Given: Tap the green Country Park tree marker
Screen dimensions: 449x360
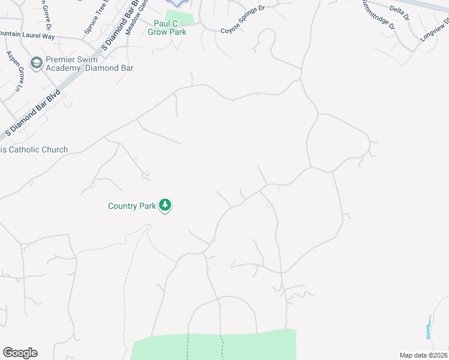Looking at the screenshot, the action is (165, 206).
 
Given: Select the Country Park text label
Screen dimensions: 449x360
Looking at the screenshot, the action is (131, 206).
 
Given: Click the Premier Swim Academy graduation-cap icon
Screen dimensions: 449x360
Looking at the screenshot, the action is (36, 63).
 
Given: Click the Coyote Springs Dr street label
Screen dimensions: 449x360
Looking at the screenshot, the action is (243, 20).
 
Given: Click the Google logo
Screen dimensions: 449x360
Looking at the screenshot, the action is (20, 353).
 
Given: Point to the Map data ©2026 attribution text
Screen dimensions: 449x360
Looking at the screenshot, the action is (423, 355).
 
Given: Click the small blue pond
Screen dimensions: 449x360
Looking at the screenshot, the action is (428, 328).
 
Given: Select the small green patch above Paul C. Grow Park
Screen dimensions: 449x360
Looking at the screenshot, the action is (180, 17).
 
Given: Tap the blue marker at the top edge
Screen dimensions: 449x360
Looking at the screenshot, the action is (176, 3).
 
